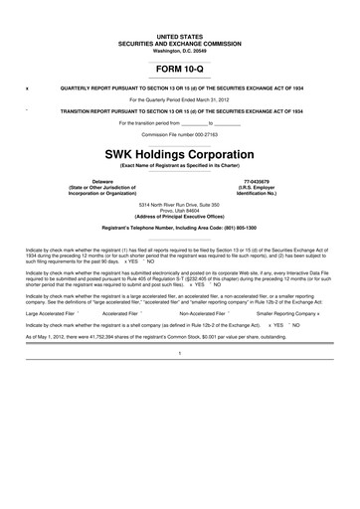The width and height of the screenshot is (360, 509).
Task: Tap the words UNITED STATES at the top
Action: coord(180,35)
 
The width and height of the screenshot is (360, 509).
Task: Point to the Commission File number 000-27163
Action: coord(180,133)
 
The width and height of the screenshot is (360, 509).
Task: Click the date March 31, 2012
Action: coord(210,100)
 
